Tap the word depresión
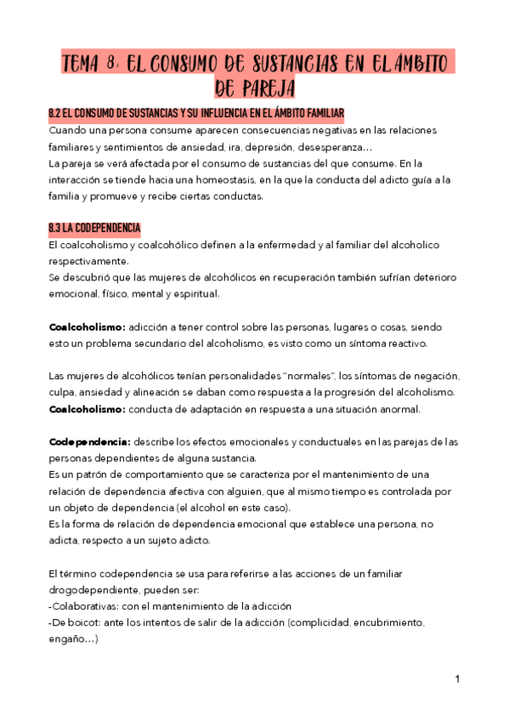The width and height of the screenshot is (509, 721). tap(301, 147)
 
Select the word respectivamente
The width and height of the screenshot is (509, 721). tap(89, 261)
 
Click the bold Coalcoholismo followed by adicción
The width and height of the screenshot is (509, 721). tap(88, 327)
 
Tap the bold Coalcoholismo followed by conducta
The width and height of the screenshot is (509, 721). tap(88, 409)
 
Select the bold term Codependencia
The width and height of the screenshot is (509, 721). tap(89, 442)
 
